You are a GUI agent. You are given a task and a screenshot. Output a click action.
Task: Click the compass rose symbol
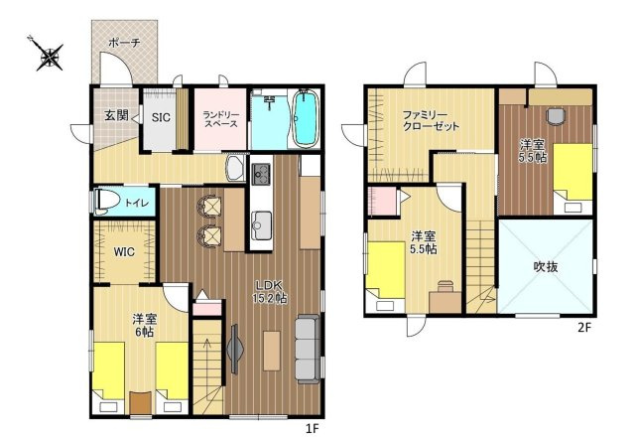[x=49, y=56]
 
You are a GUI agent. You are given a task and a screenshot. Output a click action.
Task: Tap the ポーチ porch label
[x=124, y=43]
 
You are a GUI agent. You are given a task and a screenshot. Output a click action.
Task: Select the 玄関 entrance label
[x=117, y=115]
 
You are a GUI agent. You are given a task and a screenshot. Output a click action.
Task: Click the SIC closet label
[x=161, y=117]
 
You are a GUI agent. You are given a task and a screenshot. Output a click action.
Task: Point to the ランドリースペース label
[x=220, y=119]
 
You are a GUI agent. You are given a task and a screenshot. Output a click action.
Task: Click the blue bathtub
[x=305, y=117]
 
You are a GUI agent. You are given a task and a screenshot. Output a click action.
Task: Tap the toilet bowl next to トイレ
[x=106, y=202]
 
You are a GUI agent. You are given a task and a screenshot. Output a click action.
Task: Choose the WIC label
[x=123, y=252]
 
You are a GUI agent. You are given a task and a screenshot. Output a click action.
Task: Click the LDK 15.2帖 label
[x=270, y=292]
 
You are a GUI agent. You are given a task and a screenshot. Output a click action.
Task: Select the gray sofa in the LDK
[x=308, y=350]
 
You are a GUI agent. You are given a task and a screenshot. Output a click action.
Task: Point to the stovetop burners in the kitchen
[x=261, y=174]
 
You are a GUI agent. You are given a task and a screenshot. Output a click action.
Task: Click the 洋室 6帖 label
[x=145, y=326]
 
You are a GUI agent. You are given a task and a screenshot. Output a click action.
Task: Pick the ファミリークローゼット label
[x=431, y=120]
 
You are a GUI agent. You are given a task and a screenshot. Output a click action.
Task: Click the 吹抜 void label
[x=546, y=267]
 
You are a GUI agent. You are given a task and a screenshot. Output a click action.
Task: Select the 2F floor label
[x=584, y=327]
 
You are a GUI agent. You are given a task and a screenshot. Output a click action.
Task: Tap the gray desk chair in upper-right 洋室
[x=556, y=117]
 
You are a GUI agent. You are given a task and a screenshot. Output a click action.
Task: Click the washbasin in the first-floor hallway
[x=235, y=169]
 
